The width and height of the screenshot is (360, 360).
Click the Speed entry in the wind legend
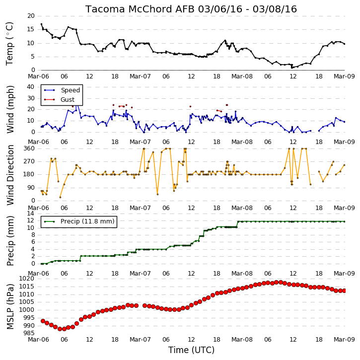pos(70,90)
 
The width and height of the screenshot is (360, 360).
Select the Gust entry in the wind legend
pos(68,100)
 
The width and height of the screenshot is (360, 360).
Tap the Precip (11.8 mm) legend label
pos(87,221)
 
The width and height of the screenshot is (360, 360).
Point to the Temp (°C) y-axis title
pos(9,44)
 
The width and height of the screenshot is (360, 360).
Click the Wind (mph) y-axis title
pos(10,110)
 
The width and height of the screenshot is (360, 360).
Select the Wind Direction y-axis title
pos(10,175)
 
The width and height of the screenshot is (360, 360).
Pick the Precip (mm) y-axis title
pos(10,241)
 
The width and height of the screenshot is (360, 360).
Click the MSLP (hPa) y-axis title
pos(10,306)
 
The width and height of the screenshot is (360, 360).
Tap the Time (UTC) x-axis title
pos(191,350)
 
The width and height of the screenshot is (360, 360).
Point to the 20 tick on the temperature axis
pos(31,16)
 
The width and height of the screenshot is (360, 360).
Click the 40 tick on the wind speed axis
pos(31,87)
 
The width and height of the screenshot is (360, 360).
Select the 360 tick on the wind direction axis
pos(29,148)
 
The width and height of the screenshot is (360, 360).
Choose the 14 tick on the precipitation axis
pos(31,214)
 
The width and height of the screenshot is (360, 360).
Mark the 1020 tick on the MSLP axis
pos(27,279)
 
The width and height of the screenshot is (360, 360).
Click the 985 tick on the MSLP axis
pos(29,333)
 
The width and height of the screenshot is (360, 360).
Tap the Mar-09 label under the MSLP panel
pos(344,340)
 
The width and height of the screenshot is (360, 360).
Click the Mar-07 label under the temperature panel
pos(141,76)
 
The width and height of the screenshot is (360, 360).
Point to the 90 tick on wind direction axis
pos(31,188)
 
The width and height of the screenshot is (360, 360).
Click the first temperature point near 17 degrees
pos(41,24)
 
